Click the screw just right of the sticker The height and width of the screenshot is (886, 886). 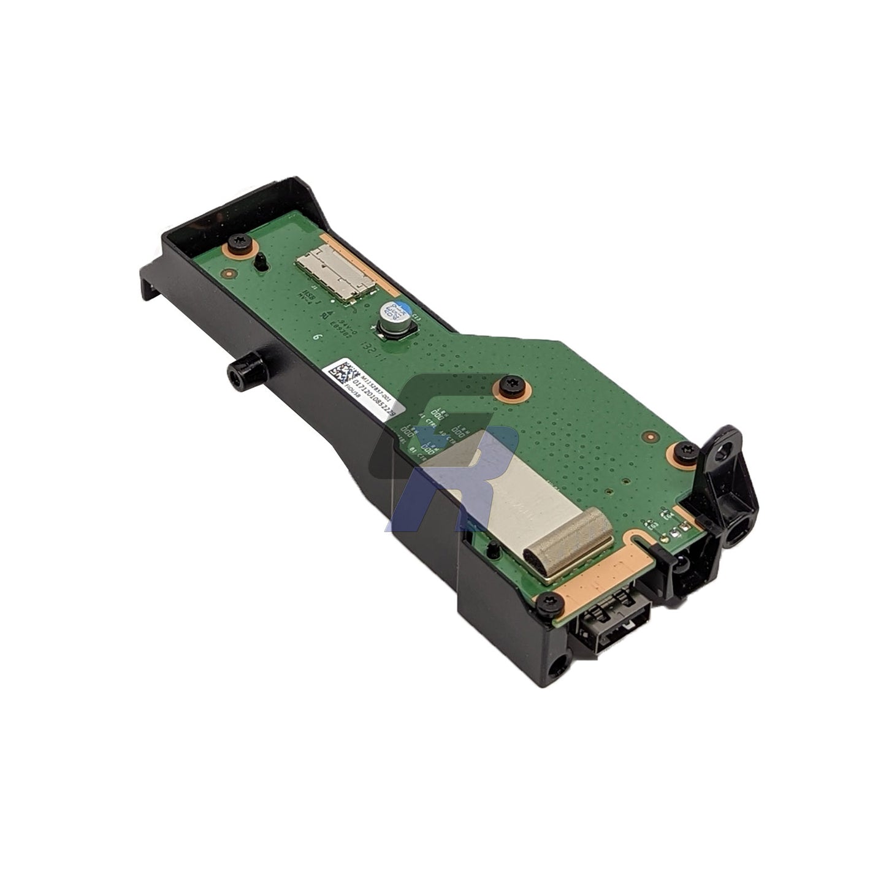click(511, 386)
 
